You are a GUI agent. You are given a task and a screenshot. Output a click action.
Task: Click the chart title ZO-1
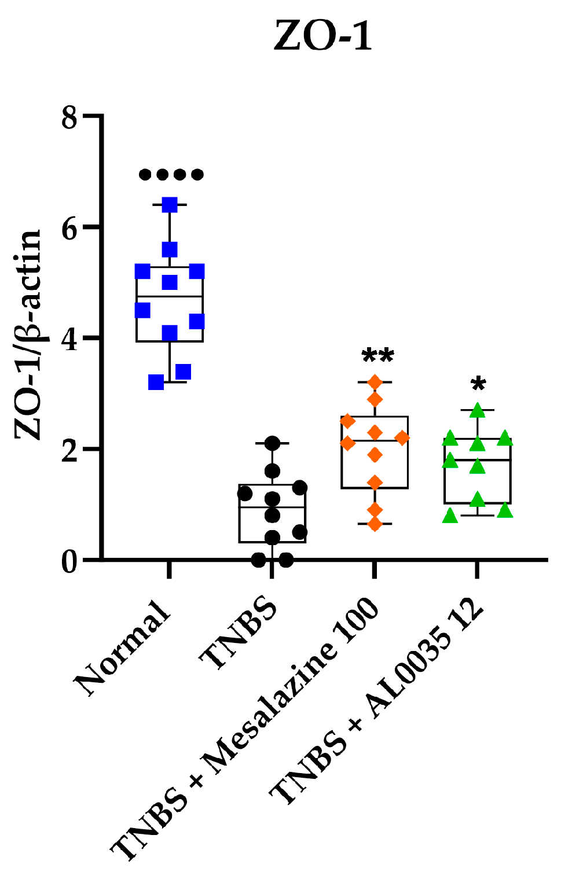pyautogui.click(x=322, y=36)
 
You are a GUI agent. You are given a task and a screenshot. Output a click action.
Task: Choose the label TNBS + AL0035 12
pyautogui.click(x=376, y=703)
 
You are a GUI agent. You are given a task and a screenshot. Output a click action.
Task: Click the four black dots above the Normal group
pyautogui.click(x=171, y=174)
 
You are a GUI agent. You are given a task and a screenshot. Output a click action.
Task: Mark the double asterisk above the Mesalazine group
pyautogui.click(x=377, y=355)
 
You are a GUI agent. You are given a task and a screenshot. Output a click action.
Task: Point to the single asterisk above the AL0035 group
pyautogui.click(x=478, y=384)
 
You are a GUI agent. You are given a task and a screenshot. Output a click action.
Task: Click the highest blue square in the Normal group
pyautogui.click(x=170, y=205)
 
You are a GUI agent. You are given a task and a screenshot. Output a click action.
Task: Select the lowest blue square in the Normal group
pyautogui.click(x=156, y=382)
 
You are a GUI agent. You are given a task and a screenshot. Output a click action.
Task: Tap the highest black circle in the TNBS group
pyautogui.click(x=272, y=443)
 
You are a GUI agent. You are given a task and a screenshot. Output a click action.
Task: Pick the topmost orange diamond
pyautogui.click(x=375, y=383)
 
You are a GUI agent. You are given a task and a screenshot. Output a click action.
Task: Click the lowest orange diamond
pyautogui.click(x=375, y=524)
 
